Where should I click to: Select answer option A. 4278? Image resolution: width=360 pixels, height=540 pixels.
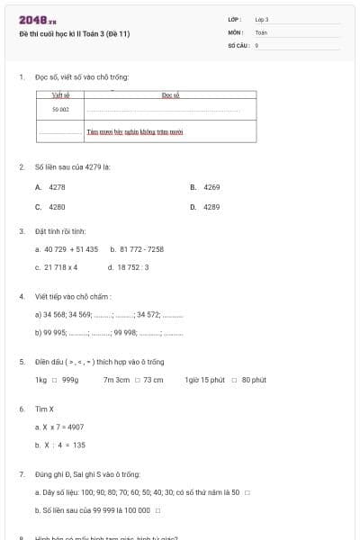50,187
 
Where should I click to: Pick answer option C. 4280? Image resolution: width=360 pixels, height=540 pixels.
50,207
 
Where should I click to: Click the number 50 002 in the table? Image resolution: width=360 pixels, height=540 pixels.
60,109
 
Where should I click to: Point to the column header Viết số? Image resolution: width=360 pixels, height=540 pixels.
60,94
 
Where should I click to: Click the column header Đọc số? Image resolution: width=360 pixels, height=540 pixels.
171,94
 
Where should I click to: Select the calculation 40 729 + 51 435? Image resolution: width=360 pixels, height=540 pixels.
67,249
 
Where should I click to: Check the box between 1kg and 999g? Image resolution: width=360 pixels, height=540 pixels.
54,381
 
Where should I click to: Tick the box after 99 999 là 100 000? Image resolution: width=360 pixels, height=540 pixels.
157,510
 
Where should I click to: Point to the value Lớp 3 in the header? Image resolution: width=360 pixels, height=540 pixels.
262,19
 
